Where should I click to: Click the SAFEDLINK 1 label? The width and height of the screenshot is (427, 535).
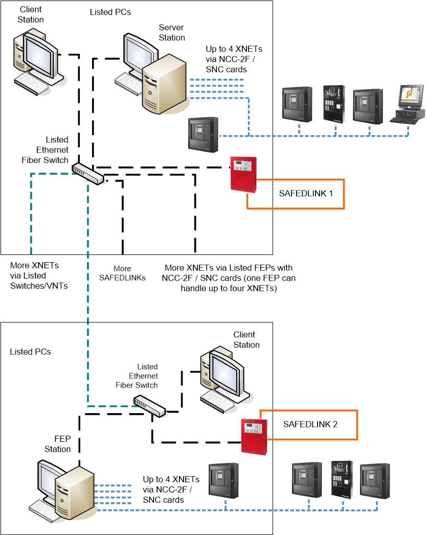click(306, 194)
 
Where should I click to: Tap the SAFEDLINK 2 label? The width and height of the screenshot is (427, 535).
click(310, 424)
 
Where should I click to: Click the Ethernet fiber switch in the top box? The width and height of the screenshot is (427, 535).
click(87, 173)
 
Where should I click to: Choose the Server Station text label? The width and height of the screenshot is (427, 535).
click(172, 33)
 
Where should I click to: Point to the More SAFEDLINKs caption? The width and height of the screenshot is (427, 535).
click(122, 273)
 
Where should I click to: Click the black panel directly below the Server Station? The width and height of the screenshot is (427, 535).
click(203, 135)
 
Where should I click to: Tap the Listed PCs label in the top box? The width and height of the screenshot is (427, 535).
click(110, 12)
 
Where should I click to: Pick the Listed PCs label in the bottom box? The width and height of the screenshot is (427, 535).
click(31, 352)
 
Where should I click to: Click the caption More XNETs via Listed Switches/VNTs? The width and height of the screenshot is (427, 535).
click(39, 275)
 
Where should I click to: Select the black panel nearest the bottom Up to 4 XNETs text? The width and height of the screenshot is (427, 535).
click(223, 480)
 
